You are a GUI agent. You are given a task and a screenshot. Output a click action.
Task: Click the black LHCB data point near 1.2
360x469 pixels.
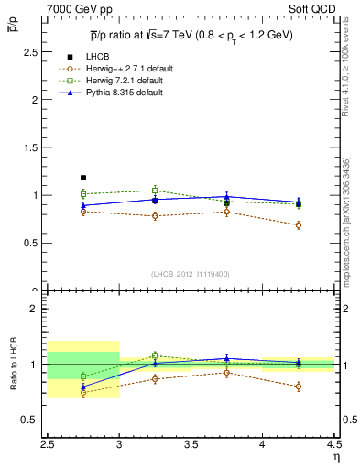83,178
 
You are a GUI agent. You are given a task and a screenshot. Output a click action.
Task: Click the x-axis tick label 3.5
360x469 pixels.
191,448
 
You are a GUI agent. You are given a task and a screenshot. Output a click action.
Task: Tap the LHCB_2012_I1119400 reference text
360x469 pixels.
191,274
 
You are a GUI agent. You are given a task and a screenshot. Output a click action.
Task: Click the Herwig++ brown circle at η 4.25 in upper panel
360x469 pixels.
299,225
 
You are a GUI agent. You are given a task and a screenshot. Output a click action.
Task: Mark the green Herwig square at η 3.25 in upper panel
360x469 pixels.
155,191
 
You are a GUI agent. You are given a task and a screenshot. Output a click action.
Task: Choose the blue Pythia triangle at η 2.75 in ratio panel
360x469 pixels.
83,387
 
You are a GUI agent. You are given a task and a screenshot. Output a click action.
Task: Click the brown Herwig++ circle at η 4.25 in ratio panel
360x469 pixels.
299,387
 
